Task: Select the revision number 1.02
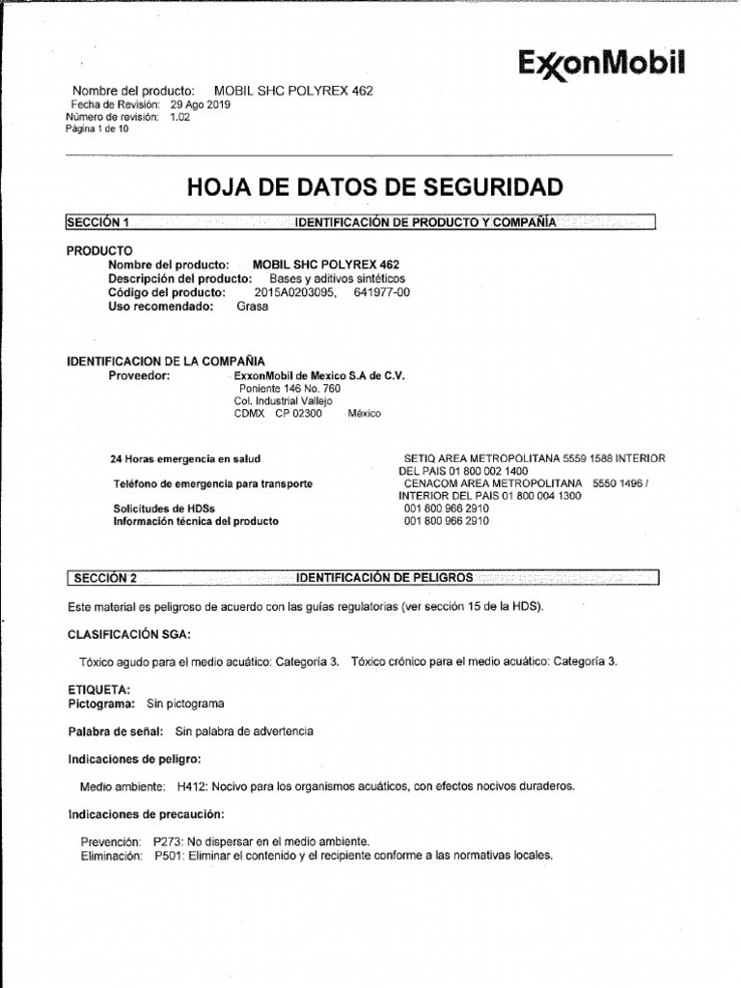[x=180, y=116]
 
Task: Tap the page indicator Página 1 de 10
[x=96, y=127]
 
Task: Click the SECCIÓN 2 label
[x=105, y=578]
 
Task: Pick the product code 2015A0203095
[x=296, y=292]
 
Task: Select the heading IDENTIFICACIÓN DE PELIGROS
[x=385, y=577]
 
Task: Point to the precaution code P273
[x=169, y=841]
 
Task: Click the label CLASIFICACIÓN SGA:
[x=128, y=634]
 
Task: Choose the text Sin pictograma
[x=185, y=704]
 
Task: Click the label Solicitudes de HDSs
[x=164, y=508]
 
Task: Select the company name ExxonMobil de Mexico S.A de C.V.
[x=319, y=375]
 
